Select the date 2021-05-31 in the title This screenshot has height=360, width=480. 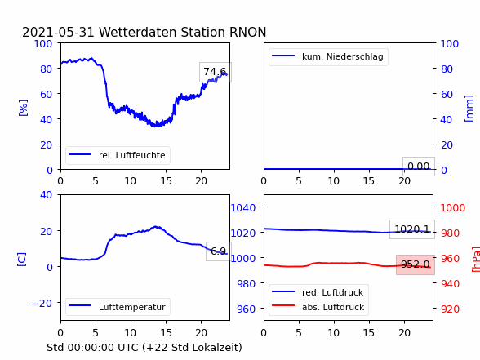(58, 32)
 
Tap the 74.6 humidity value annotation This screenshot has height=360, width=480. (216, 72)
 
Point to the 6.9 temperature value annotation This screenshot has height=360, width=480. (219, 251)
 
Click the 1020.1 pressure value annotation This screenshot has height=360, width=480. (412, 229)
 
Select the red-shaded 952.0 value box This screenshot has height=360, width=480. (416, 264)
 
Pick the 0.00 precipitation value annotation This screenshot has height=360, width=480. (419, 167)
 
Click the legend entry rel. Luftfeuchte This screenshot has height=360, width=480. (118, 155)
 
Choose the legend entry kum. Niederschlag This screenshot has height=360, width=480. (328, 56)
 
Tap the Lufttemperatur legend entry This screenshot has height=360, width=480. (118, 307)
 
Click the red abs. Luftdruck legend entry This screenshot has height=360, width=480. (318, 307)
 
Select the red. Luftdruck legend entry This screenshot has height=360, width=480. (318, 292)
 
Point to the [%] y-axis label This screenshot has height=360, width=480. (23, 108)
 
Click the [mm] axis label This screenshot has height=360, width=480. (469, 109)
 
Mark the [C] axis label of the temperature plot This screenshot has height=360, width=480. (22, 260)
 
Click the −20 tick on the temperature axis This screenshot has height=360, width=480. (42, 304)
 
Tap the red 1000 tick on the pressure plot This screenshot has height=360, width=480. (453, 208)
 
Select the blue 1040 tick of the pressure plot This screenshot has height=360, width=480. (243, 208)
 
